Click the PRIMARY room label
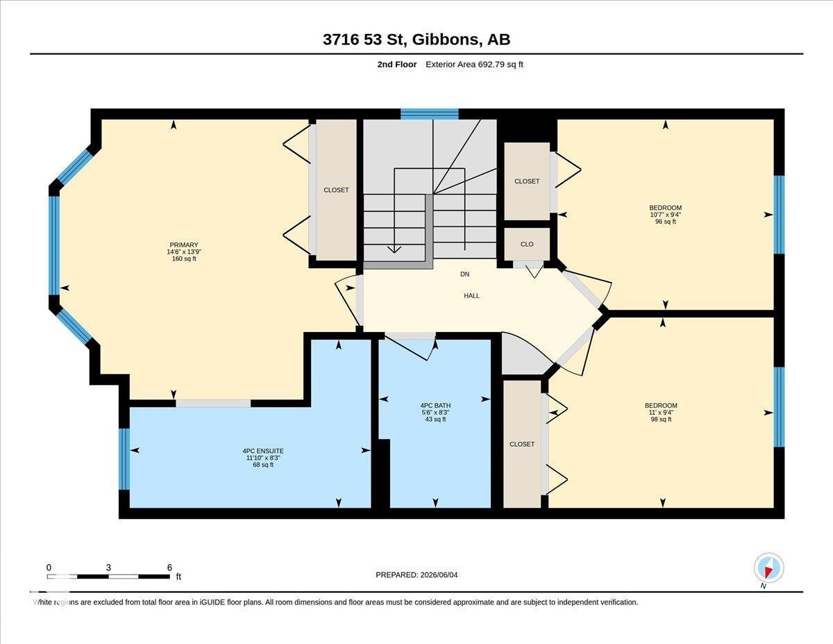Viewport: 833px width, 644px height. [184, 245]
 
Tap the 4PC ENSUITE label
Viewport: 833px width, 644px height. [263, 451]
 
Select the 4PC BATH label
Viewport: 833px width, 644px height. [435, 406]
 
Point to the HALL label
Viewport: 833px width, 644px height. [471, 296]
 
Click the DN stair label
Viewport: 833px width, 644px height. [464, 274]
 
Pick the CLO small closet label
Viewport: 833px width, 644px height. [527, 245]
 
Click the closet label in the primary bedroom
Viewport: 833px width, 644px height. [336, 190]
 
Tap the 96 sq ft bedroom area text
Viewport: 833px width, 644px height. [666, 222]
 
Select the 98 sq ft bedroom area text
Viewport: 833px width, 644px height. [662, 419]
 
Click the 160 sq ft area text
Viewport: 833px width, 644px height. [184, 259]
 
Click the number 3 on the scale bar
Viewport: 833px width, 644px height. [108, 568]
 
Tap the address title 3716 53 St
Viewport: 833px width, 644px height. [364, 40]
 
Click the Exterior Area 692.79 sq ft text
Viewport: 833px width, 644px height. [474, 65]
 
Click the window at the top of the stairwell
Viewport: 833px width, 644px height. [430, 114]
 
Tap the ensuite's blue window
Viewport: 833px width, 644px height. [124, 459]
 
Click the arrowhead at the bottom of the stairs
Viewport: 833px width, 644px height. [394, 249]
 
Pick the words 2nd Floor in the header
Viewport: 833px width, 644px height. [397, 65]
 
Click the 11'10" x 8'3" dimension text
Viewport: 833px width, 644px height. [263, 458]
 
